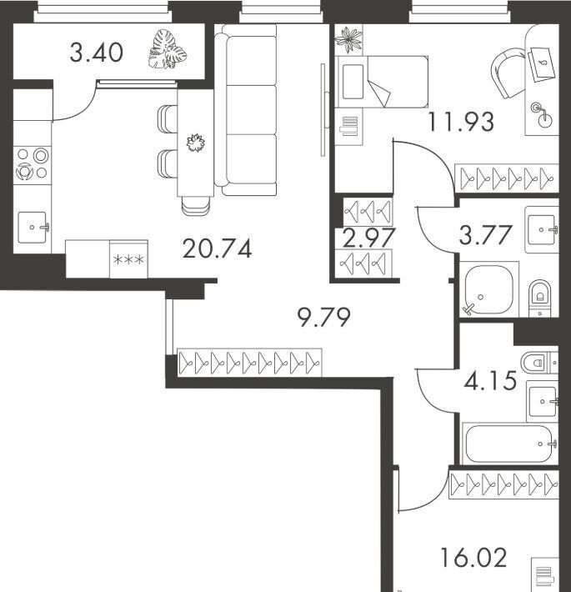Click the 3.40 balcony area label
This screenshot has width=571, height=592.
[x=96, y=53]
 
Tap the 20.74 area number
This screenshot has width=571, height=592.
[x=217, y=248]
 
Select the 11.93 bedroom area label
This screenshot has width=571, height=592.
[x=461, y=122]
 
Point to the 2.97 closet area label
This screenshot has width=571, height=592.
[x=368, y=238]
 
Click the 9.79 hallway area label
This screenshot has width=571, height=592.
[x=323, y=317]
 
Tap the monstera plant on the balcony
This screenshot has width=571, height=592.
[x=168, y=49]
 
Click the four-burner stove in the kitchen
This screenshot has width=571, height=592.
[x=32, y=164]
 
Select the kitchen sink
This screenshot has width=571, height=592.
[x=33, y=228]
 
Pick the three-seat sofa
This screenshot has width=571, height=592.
[x=246, y=110]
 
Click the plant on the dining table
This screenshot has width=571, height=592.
[x=196, y=143]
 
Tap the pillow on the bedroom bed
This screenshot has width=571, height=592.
[x=353, y=82]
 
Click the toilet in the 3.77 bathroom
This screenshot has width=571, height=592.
[x=539, y=298]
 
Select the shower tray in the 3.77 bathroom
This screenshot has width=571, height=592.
[x=488, y=289]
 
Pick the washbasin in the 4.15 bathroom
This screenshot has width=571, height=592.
[x=543, y=402]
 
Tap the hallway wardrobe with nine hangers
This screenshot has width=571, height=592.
[x=249, y=363]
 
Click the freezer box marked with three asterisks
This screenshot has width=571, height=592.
[x=128, y=259]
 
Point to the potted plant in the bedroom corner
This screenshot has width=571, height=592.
[x=348, y=39]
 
